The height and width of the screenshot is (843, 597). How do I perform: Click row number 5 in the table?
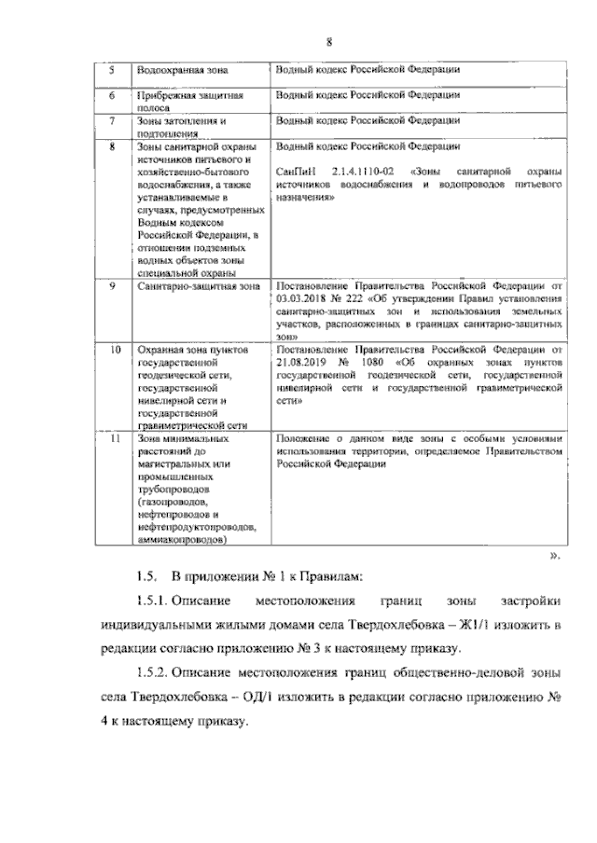[x=112, y=70]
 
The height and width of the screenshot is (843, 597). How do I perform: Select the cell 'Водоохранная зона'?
[x=182, y=70]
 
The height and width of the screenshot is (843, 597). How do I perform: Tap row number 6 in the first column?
[x=112, y=95]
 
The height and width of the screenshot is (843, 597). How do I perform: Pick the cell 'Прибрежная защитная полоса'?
[x=189, y=101]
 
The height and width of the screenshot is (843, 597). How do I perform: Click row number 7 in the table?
[x=112, y=120]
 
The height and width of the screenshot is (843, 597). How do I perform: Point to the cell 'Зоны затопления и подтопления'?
[x=182, y=127]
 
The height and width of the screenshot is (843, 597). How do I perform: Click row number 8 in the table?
[x=112, y=146]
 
